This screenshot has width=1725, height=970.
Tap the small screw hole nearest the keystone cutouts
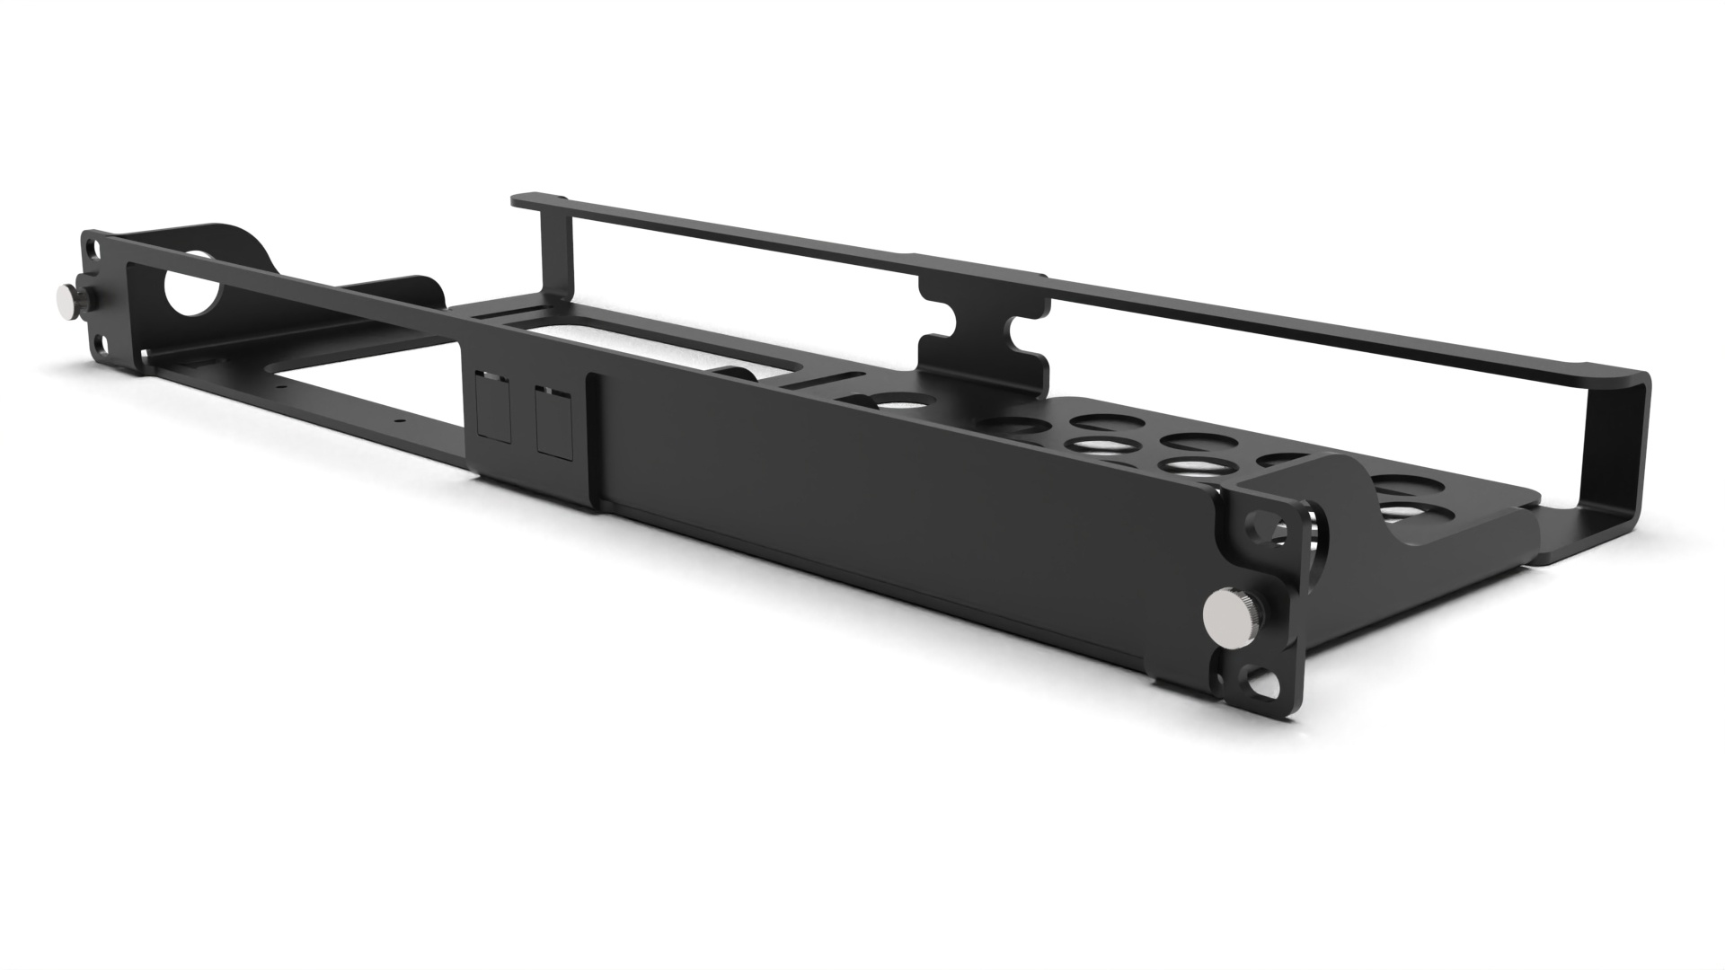click(x=402, y=419)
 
